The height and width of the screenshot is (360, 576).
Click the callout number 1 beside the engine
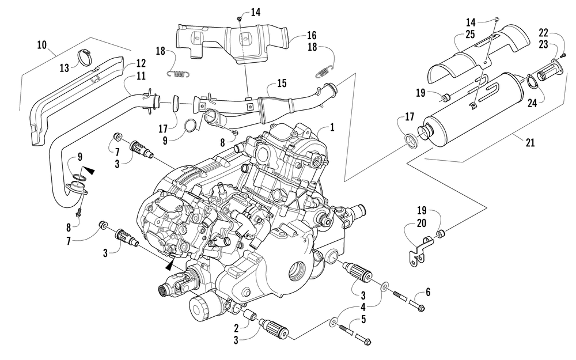332,127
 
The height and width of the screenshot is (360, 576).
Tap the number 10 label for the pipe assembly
42,45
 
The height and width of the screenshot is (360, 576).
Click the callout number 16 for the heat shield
312,36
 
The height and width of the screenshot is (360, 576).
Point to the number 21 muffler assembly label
530,142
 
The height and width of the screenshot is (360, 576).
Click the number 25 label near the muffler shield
470,35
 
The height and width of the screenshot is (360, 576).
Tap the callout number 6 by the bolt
427,292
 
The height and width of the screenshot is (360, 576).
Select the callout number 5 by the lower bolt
363,319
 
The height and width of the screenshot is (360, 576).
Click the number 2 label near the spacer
237,328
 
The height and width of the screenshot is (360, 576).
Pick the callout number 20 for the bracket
422,223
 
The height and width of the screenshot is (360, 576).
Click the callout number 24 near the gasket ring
532,103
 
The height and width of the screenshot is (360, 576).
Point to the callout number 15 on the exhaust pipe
282,84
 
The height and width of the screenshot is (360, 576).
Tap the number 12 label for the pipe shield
141,63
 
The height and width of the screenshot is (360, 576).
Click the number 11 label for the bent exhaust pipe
141,76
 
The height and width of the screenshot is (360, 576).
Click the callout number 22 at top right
543,32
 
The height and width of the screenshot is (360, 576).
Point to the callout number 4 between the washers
363,307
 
